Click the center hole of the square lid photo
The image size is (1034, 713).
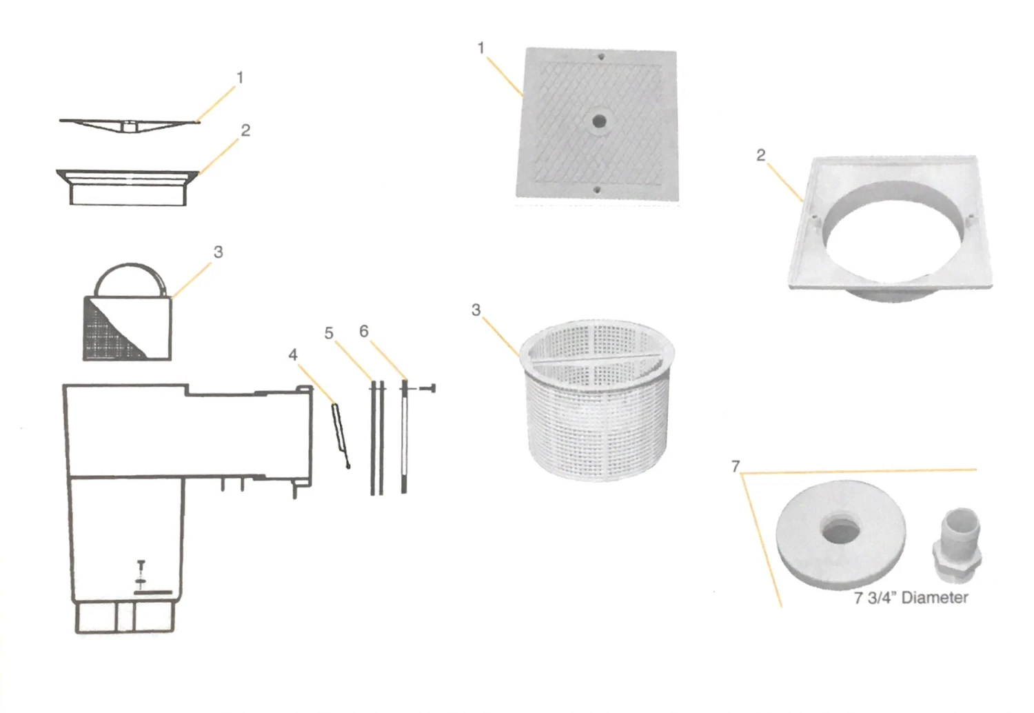pyautogui.click(x=599, y=121)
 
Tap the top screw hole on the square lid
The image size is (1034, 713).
pyautogui.click(x=601, y=57)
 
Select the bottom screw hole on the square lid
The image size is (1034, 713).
pyautogui.click(x=598, y=190)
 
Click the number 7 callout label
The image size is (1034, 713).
pyautogui.click(x=736, y=467)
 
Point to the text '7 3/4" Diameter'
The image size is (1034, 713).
pyautogui.click(x=911, y=597)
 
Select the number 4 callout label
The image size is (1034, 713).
pyautogui.click(x=293, y=354)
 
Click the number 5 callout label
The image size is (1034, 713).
pyautogui.click(x=329, y=334)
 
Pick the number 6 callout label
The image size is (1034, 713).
pyautogui.click(x=363, y=332)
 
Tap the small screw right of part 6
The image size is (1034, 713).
pyautogui.click(x=428, y=389)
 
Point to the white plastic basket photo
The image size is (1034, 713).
pyautogui.click(x=596, y=400)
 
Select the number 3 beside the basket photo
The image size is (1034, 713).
pyautogui.click(x=476, y=310)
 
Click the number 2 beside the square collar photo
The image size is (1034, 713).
pyautogui.click(x=760, y=155)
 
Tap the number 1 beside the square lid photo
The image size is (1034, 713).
pyautogui.click(x=481, y=48)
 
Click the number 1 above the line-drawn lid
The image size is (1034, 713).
pyautogui.click(x=240, y=78)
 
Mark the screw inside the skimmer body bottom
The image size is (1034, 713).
pyautogui.click(x=141, y=569)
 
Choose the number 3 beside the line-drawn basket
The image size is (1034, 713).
pyautogui.click(x=218, y=252)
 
